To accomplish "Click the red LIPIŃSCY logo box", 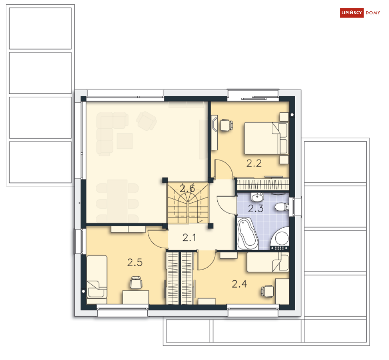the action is click(351, 13).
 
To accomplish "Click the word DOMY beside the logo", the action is click(373, 13).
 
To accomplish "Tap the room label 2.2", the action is click(254, 163).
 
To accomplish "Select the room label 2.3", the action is click(256, 209).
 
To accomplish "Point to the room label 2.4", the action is click(239, 284).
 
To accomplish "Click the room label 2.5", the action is click(135, 263).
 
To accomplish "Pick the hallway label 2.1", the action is click(189, 238).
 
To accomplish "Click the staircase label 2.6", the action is click(187, 189).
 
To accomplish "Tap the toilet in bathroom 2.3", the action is click(282, 207).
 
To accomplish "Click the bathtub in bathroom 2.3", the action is click(247, 234).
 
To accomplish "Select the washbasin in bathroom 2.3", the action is click(257, 197).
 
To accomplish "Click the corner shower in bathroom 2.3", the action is click(280, 238).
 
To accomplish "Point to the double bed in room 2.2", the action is click(266, 138).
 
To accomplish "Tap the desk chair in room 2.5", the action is click(136, 283).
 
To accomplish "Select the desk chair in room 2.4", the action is click(267, 291).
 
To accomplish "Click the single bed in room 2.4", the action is click(268, 262).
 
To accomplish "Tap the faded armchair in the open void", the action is click(146, 121).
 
